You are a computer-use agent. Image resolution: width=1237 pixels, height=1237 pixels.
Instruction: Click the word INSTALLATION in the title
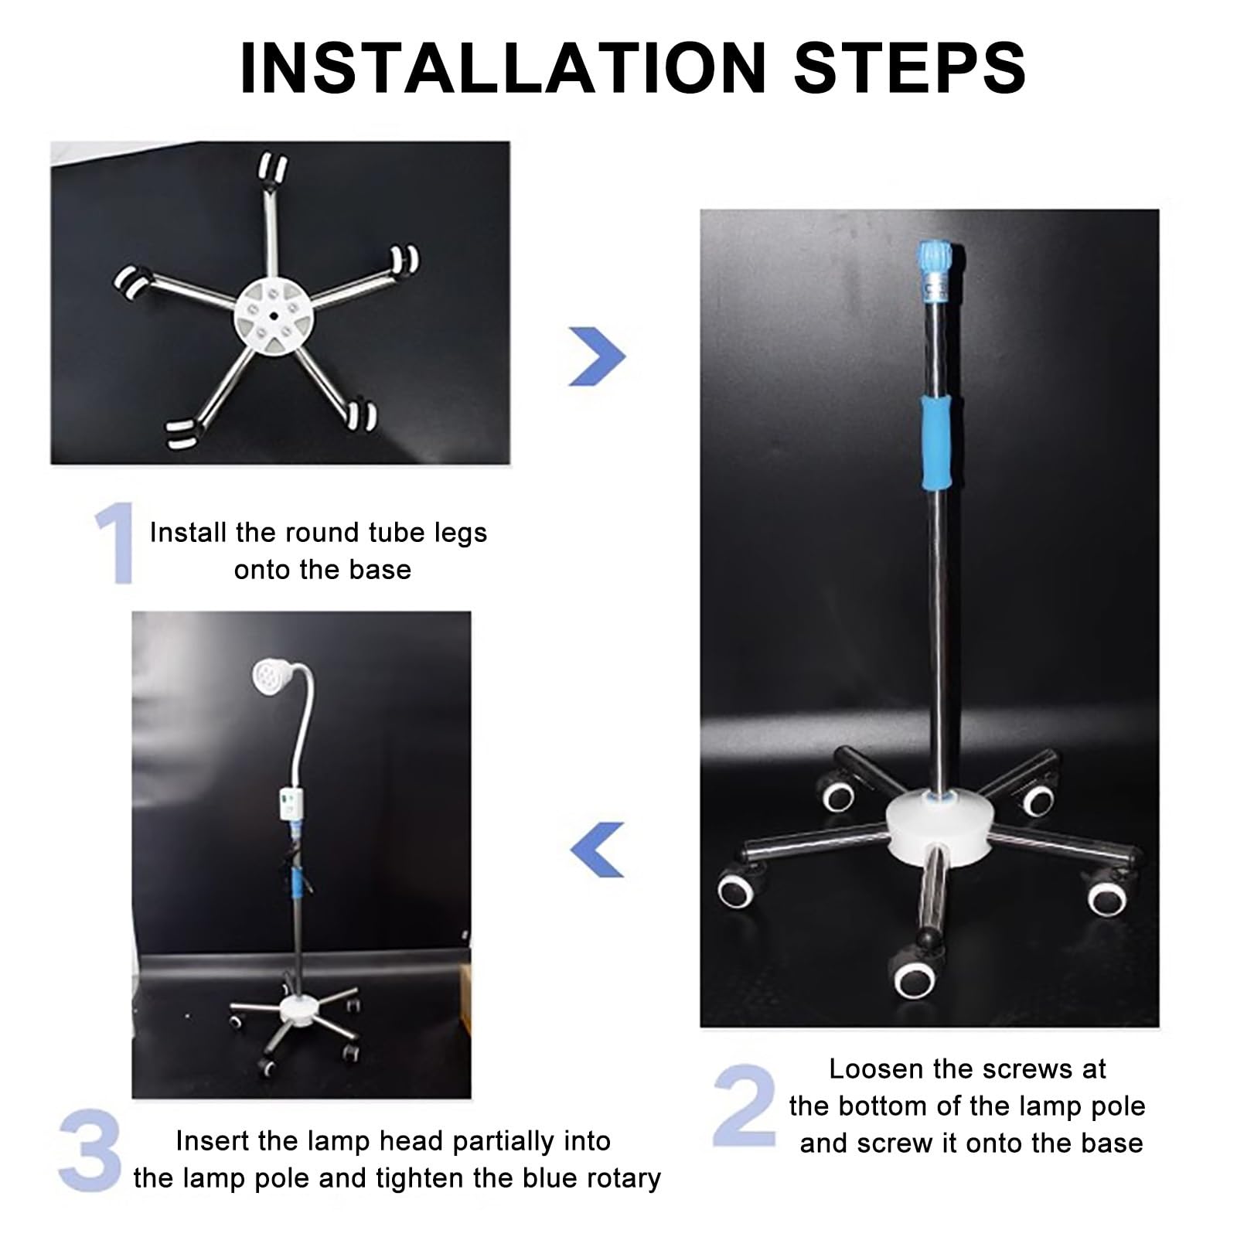pos(503,67)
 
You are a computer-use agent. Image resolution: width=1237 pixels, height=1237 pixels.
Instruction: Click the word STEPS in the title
pos(910,67)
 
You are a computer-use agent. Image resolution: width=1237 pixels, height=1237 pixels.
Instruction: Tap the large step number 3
pos(90,1150)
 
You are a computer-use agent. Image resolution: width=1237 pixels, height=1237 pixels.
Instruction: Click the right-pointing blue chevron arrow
pos(597,356)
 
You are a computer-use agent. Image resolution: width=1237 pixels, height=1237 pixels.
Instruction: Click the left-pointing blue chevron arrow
pos(597,849)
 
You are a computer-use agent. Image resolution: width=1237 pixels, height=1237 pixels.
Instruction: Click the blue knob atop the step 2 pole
pos(936,256)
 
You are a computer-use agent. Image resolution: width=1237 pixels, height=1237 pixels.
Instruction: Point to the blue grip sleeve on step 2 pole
pos(939,444)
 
